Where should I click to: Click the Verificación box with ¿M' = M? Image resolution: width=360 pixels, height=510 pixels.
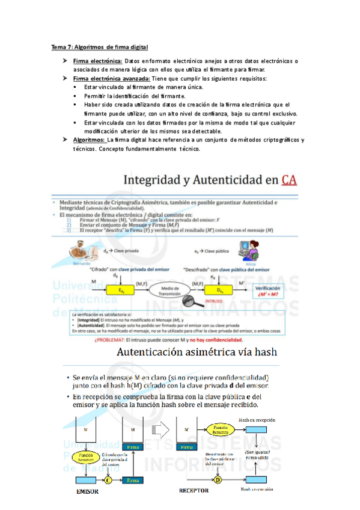click(269, 291)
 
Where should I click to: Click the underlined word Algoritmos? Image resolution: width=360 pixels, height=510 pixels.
click(89, 140)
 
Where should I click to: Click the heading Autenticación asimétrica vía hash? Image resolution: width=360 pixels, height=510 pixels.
click(201, 352)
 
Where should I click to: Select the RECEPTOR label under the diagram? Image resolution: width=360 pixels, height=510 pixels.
click(194, 491)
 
